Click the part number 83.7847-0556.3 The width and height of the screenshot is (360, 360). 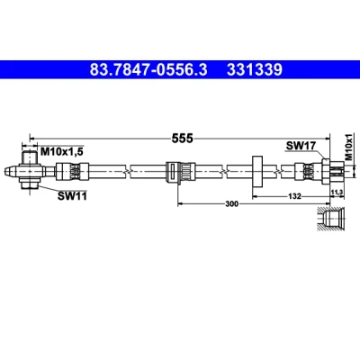pos(148,70)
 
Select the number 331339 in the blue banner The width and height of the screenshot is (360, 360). pos(255,70)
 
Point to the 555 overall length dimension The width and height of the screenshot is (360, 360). pos(182,139)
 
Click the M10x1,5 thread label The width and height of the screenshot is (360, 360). pos(61,152)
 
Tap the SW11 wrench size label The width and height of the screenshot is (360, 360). pos(72,196)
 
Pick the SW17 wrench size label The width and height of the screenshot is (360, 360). pos(301,146)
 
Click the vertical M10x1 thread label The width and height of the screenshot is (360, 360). pos(348,147)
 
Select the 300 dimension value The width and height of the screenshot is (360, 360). pos(231,204)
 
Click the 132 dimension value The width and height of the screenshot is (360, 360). pos(294,196)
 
